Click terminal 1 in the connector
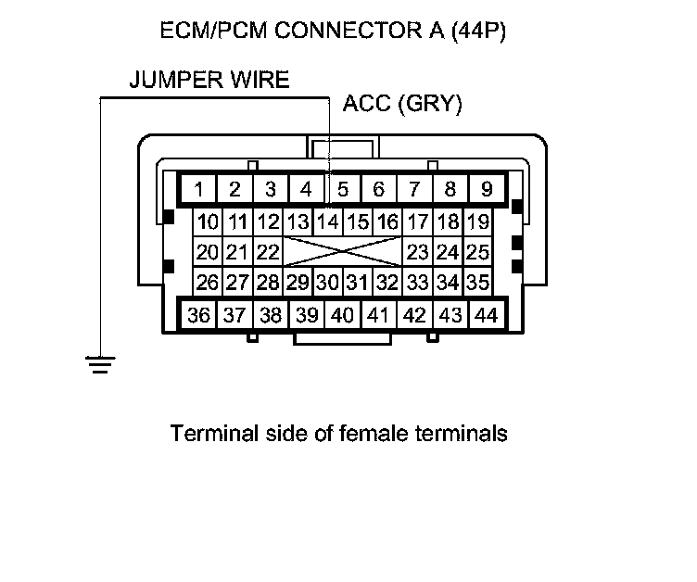(199, 190)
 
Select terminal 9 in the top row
(485, 190)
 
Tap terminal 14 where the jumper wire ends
(327, 222)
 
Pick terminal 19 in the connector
(476, 222)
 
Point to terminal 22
(268, 252)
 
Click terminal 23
(417, 252)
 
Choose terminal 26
(207, 282)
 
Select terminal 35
(476, 282)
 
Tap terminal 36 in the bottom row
(199, 315)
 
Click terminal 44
(485, 315)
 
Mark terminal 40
(342, 315)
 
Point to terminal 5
(342, 190)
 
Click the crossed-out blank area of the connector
(341, 252)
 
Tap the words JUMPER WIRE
(209, 80)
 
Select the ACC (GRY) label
(402, 104)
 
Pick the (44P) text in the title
(475, 32)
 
